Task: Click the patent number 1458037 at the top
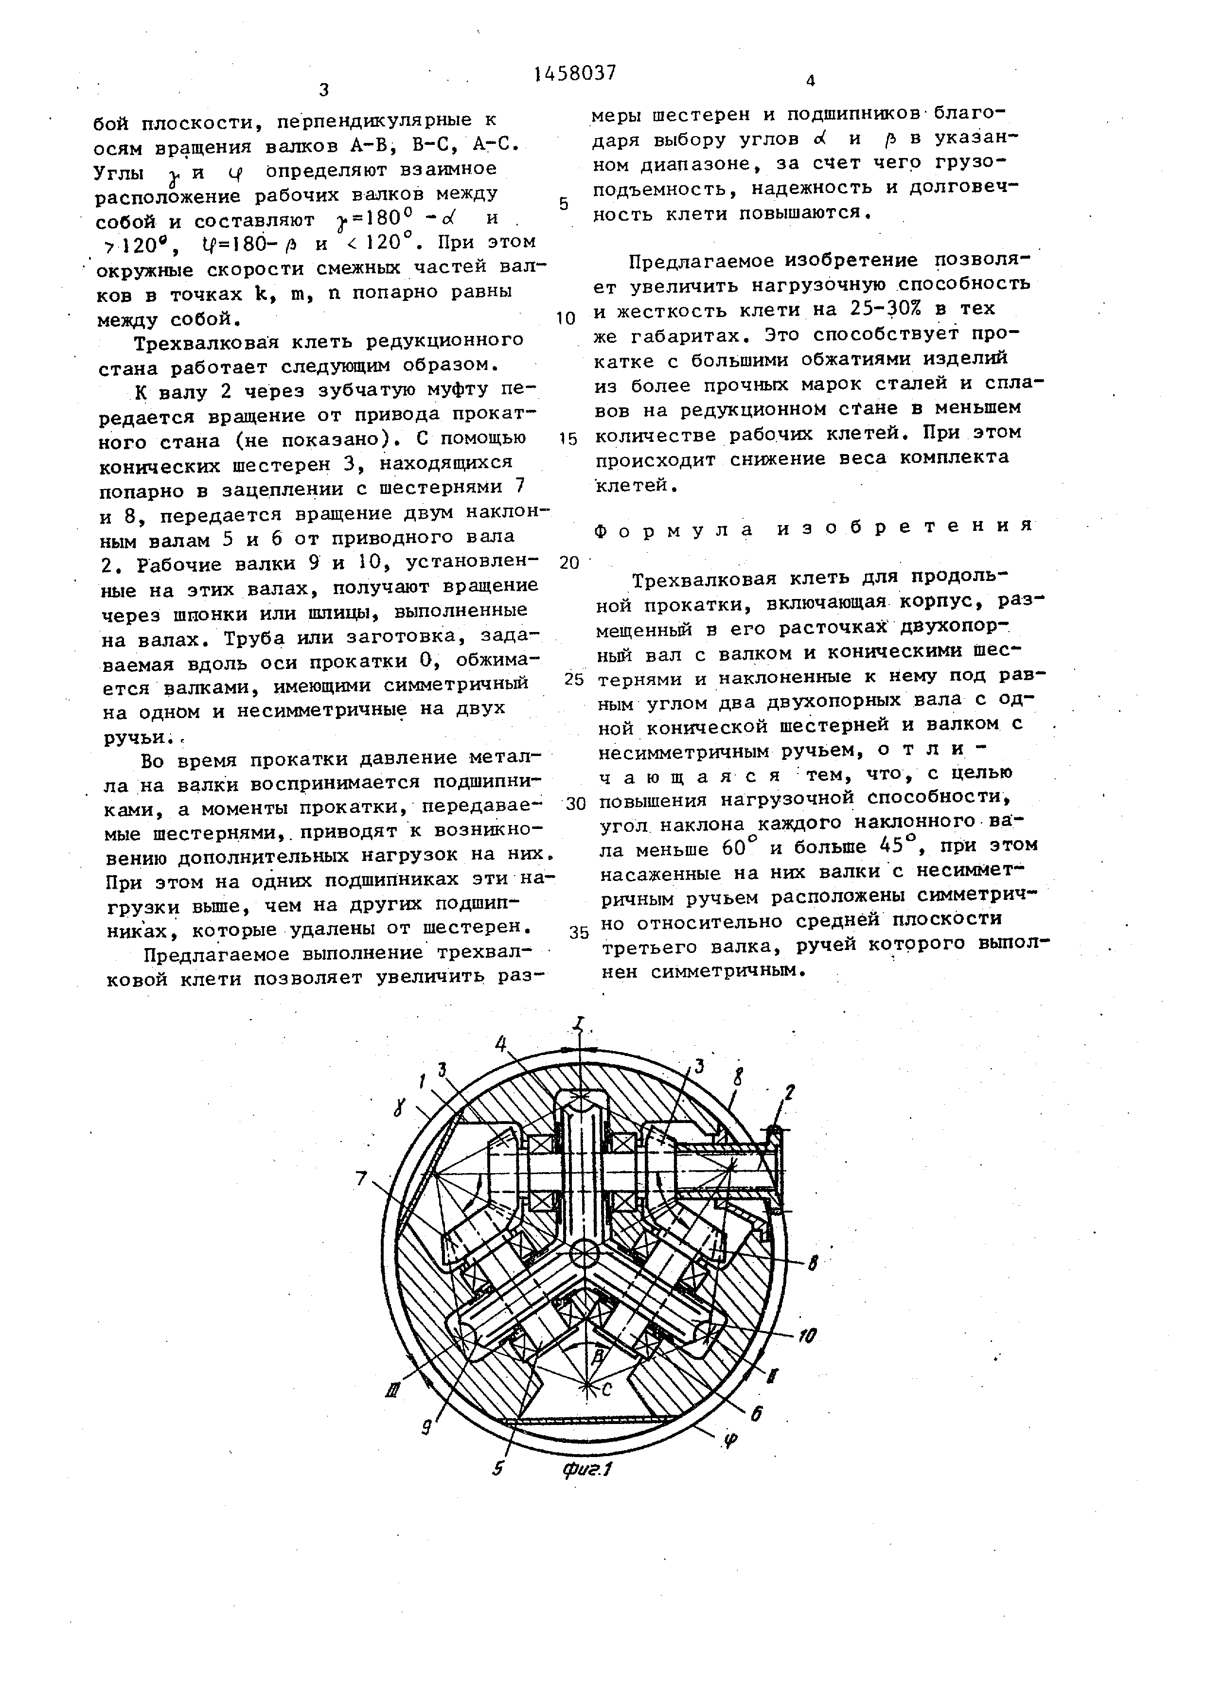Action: [x=575, y=73]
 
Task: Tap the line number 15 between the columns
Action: [x=568, y=439]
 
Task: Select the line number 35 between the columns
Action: [x=579, y=932]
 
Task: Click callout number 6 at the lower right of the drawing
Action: [x=756, y=1415]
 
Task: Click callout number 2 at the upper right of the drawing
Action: [x=789, y=1091]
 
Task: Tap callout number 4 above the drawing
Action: [x=502, y=1043]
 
